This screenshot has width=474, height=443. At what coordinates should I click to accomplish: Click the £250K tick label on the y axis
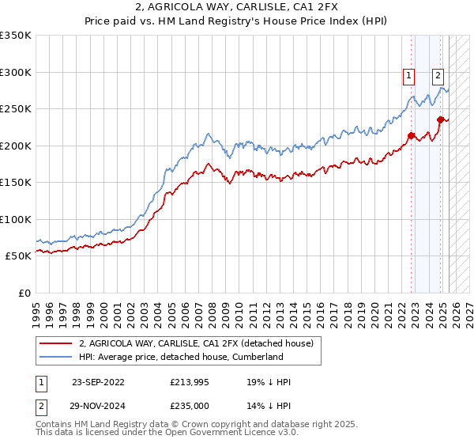coord(15,109)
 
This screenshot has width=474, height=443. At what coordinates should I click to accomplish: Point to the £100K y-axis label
coord(15,219)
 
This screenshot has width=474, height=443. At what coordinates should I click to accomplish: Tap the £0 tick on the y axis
coord(24,293)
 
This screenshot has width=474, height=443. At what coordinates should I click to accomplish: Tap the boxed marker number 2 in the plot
coord(438,76)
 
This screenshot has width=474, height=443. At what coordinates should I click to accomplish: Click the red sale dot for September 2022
coord(412,135)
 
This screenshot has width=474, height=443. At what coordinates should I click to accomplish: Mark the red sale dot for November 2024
coord(441,120)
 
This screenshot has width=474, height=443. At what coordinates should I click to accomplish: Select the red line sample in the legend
coord(55,343)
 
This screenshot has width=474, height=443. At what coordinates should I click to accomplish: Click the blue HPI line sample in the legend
coord(55,357)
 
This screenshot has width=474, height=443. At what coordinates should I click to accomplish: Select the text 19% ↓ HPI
coord(269,382)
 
